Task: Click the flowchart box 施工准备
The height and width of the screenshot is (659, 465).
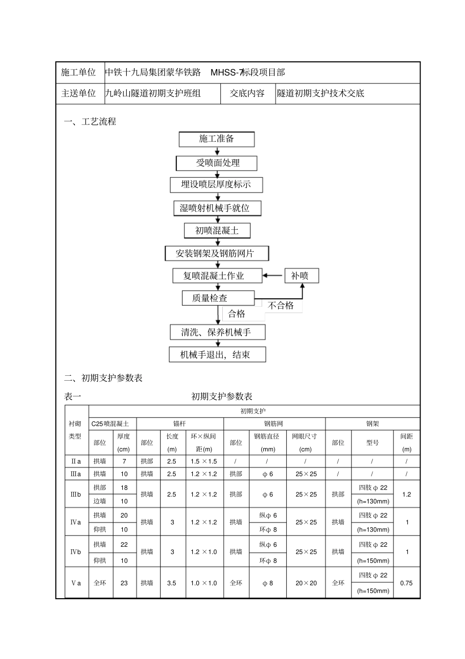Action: [216, 139]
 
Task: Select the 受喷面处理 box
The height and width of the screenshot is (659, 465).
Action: [216, 163]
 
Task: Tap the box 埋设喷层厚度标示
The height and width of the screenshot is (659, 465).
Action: [216, 185]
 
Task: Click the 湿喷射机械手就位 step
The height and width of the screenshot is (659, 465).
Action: [217, 208]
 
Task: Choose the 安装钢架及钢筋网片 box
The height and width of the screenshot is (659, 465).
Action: [217, 253]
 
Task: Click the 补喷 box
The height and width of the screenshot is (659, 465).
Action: [302, 276]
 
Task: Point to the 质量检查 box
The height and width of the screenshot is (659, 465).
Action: [218, 298]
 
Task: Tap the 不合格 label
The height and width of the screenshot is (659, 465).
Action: [281, 306]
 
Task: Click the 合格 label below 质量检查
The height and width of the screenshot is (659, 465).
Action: [237, 314]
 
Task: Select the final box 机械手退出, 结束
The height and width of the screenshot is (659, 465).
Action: [217, 355]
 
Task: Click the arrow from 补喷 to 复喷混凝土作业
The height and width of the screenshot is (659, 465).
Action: [274, 276]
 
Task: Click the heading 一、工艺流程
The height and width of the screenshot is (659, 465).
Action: [91, 122]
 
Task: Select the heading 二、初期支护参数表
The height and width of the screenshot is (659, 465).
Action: [104, 378]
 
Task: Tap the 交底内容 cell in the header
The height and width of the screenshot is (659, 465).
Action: [247, 93]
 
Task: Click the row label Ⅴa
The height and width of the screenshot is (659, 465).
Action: [76, 583]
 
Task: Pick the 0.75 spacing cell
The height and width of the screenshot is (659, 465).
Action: [406, 583]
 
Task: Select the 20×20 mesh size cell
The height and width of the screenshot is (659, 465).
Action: [306, 583]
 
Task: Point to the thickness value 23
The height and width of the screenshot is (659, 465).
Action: [124, 583]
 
